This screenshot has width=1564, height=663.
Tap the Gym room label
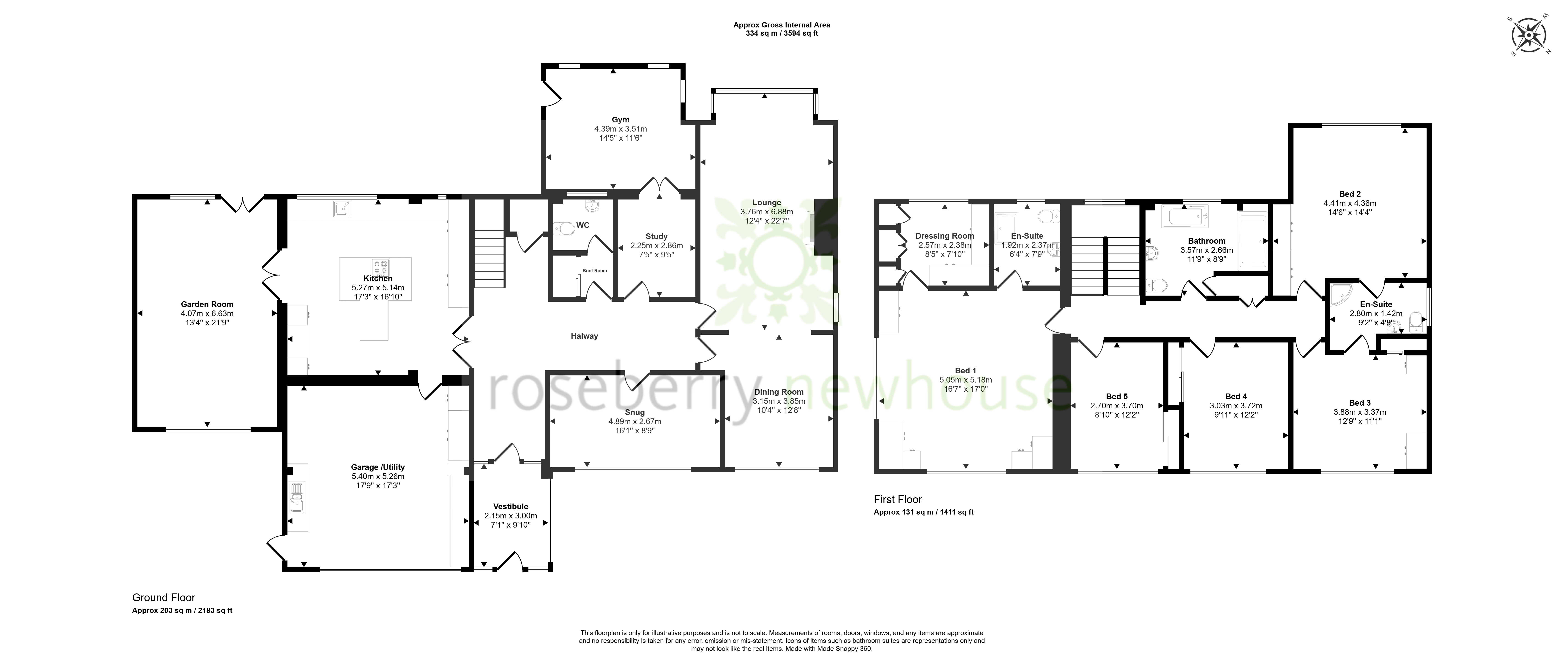(x=621, y=119)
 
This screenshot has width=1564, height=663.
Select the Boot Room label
(x=595, y=271)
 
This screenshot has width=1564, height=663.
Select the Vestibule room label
(x=511, y=507)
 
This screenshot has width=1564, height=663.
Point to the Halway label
(x=584, y=336)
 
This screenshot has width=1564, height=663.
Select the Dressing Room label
(x=945, y=236)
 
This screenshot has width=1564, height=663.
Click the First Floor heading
(x=898, y=499)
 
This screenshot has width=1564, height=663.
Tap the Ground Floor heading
(x=164, y=598)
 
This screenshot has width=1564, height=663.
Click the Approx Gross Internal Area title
(x=782, y=25)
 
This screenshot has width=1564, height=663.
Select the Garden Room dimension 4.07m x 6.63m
(x=207, y=314)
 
